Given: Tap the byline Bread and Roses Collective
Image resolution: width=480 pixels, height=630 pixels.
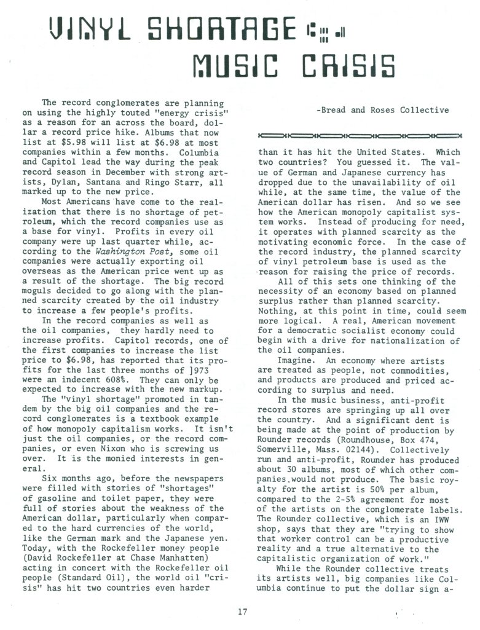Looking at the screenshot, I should [x=382, y=111].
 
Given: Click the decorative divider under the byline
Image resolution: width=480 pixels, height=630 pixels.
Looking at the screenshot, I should [x=360, y=135].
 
